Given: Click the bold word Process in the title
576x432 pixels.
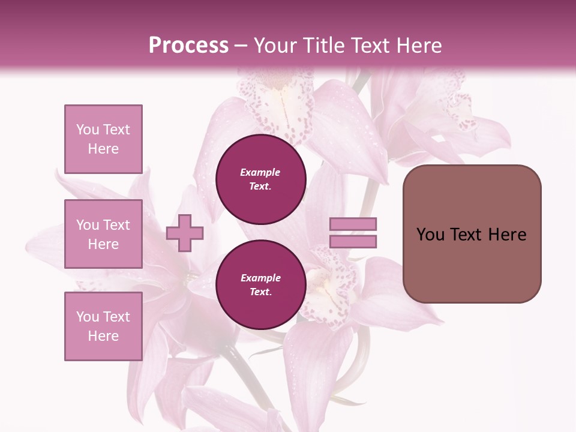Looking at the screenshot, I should (188, 46).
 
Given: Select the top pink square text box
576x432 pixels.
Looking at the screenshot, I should (103, 139).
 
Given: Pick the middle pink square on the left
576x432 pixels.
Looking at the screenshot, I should (103, 234).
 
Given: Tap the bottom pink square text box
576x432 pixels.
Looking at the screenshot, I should (103, 326).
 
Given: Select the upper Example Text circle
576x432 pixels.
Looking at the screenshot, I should (260, 179).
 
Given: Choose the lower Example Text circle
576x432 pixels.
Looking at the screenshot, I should (260, 284).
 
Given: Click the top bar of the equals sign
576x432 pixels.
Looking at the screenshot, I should (353, 224).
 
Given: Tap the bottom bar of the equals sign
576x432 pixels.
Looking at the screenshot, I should (353, 242).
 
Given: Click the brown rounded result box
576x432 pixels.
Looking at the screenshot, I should (472, 234).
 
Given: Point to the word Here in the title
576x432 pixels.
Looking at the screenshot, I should (419, 46).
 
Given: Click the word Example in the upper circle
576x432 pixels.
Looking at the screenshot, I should (260, 172).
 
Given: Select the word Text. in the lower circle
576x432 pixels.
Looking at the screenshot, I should (260, 292).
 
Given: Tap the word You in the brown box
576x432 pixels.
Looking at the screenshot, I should (430, 235).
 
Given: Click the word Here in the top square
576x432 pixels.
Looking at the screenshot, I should (103, 149).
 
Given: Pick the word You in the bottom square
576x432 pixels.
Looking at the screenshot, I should (88, 317).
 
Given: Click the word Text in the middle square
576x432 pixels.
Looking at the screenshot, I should (117, 225).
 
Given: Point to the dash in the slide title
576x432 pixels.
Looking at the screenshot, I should (241, 46).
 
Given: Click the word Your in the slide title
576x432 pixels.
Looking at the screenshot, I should (275, 46).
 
